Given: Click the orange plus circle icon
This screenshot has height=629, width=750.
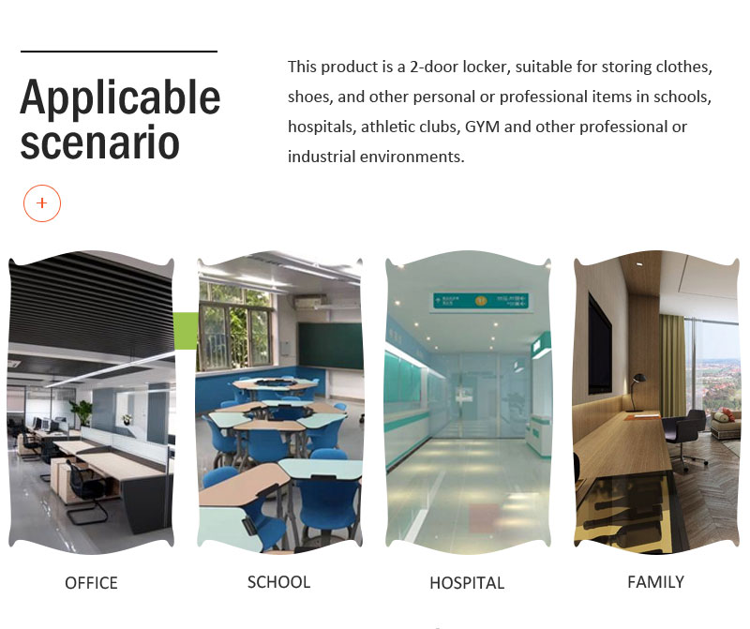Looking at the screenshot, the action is [x=42, y=203].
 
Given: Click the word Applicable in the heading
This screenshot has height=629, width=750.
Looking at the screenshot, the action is [x=120, y=98].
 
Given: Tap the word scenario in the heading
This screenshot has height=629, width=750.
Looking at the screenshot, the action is [x=99, y=142].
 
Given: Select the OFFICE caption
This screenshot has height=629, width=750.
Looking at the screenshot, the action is [x=91, y=583].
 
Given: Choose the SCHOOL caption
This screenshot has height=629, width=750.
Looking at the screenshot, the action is [x=278, y=582].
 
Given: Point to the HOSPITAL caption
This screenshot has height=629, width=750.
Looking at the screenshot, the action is [x=467, y=583].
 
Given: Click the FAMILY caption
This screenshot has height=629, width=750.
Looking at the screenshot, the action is [x=655, y=582].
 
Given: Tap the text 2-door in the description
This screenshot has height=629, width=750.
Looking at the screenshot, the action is [x=434, y=67].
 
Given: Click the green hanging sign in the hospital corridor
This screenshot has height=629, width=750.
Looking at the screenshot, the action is [x=480, y=301].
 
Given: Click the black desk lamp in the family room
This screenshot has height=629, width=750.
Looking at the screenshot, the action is [x=637, y=393].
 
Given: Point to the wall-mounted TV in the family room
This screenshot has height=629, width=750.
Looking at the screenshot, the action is [x=600, y=343].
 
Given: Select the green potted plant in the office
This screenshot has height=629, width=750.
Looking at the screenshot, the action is [x=82, y=412].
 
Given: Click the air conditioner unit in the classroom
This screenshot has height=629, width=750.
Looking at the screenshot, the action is [x=311, y=302].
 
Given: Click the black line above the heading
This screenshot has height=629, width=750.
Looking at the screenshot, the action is [x=119, y=52].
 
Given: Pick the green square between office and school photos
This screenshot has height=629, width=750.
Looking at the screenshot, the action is [x=186, y=331].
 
